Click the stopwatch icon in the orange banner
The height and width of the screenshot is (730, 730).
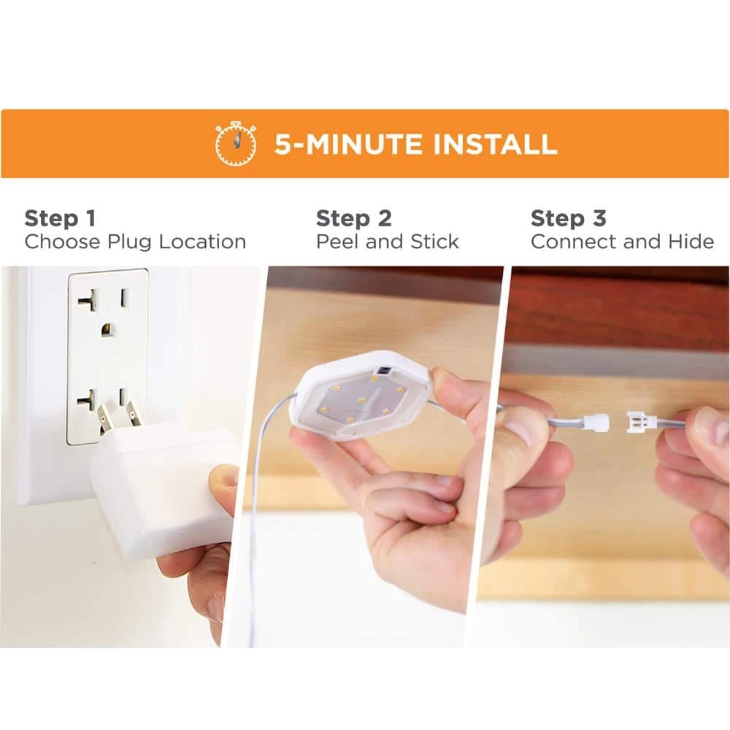point(236,144)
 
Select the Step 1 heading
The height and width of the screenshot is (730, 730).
point(60,218)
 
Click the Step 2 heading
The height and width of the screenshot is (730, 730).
point(353,218)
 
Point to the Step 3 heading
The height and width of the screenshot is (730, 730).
point(568,218)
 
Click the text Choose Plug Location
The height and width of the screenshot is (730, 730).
point(135,242)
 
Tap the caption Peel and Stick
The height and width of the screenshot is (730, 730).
point(387,242)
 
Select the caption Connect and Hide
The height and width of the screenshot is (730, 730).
point(622,242)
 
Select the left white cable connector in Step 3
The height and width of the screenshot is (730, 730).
point(597,423)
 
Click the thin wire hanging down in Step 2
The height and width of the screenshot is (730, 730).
point(255,526)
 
